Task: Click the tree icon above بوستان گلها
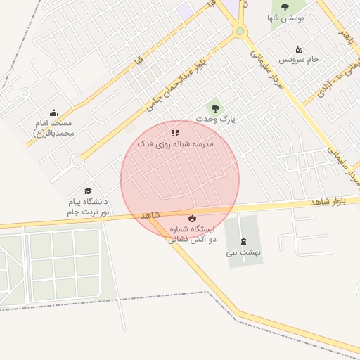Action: pos(285,6)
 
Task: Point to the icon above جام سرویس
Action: pos(299,49)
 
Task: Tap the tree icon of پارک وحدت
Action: pos(215,108)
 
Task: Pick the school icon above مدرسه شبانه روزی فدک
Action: pos(175,132)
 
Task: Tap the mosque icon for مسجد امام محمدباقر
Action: pos(53,112)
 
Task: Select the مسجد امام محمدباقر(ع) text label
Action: pos(53,127)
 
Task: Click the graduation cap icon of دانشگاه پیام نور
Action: pos(88,191)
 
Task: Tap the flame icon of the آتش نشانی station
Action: pos(192,218)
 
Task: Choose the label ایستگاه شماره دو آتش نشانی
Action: pos(192,234)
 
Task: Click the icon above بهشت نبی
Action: pos(244,240)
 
